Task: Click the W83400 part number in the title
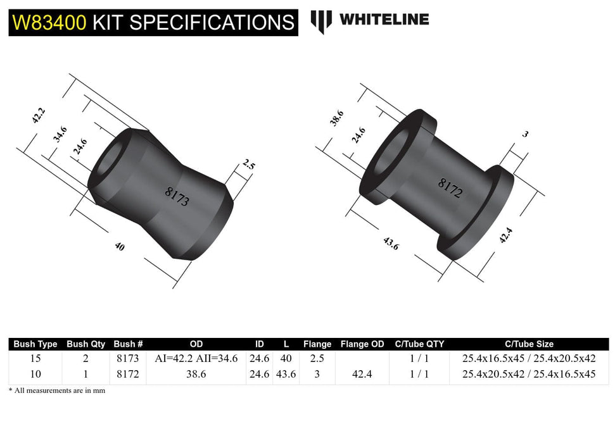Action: point(49,22)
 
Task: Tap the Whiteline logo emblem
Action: point(321,21)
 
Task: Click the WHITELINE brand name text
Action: point(384,20)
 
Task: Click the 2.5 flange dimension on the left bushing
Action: point(248,166)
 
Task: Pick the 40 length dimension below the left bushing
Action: point(120,247)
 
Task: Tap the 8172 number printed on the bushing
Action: point(450,188)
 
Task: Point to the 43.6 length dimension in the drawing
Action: point(391,243)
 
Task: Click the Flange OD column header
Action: point(362,344)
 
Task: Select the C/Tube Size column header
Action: point(529,344)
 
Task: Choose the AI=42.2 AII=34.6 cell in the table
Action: point(196,358)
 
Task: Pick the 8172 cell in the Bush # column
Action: point(128,374)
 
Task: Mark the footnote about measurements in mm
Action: point(57,390)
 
